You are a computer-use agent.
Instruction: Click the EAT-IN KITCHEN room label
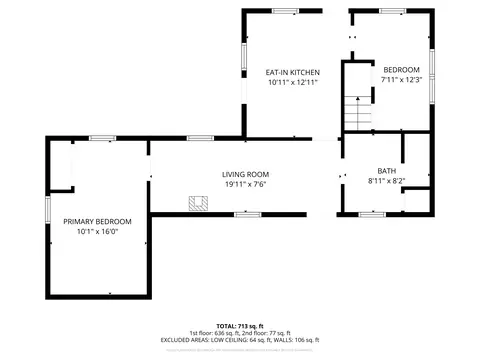tap(292, 73)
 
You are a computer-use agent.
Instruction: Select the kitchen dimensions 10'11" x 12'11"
tap(292, 83)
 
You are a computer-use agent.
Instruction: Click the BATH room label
tap(386, 171)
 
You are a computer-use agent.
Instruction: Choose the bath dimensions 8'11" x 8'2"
tap(386, 181)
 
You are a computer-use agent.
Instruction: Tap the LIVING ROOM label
tap(245, 174)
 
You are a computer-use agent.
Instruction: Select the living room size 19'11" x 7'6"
tap(245, 184)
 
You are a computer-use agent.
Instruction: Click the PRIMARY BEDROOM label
tap(97, 221)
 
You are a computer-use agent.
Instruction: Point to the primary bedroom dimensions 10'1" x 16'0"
tap(97, 231)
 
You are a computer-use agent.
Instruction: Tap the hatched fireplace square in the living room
tap(199, 203)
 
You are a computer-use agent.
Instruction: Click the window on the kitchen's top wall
tap(286, 10)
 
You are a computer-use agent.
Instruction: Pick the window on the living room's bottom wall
tap(247, 213)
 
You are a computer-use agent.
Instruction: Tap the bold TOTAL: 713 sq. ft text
tap(240, 326)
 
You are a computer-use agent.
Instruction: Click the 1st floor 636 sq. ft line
tap(240, 333)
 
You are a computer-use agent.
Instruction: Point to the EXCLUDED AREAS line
tap(240, 340)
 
